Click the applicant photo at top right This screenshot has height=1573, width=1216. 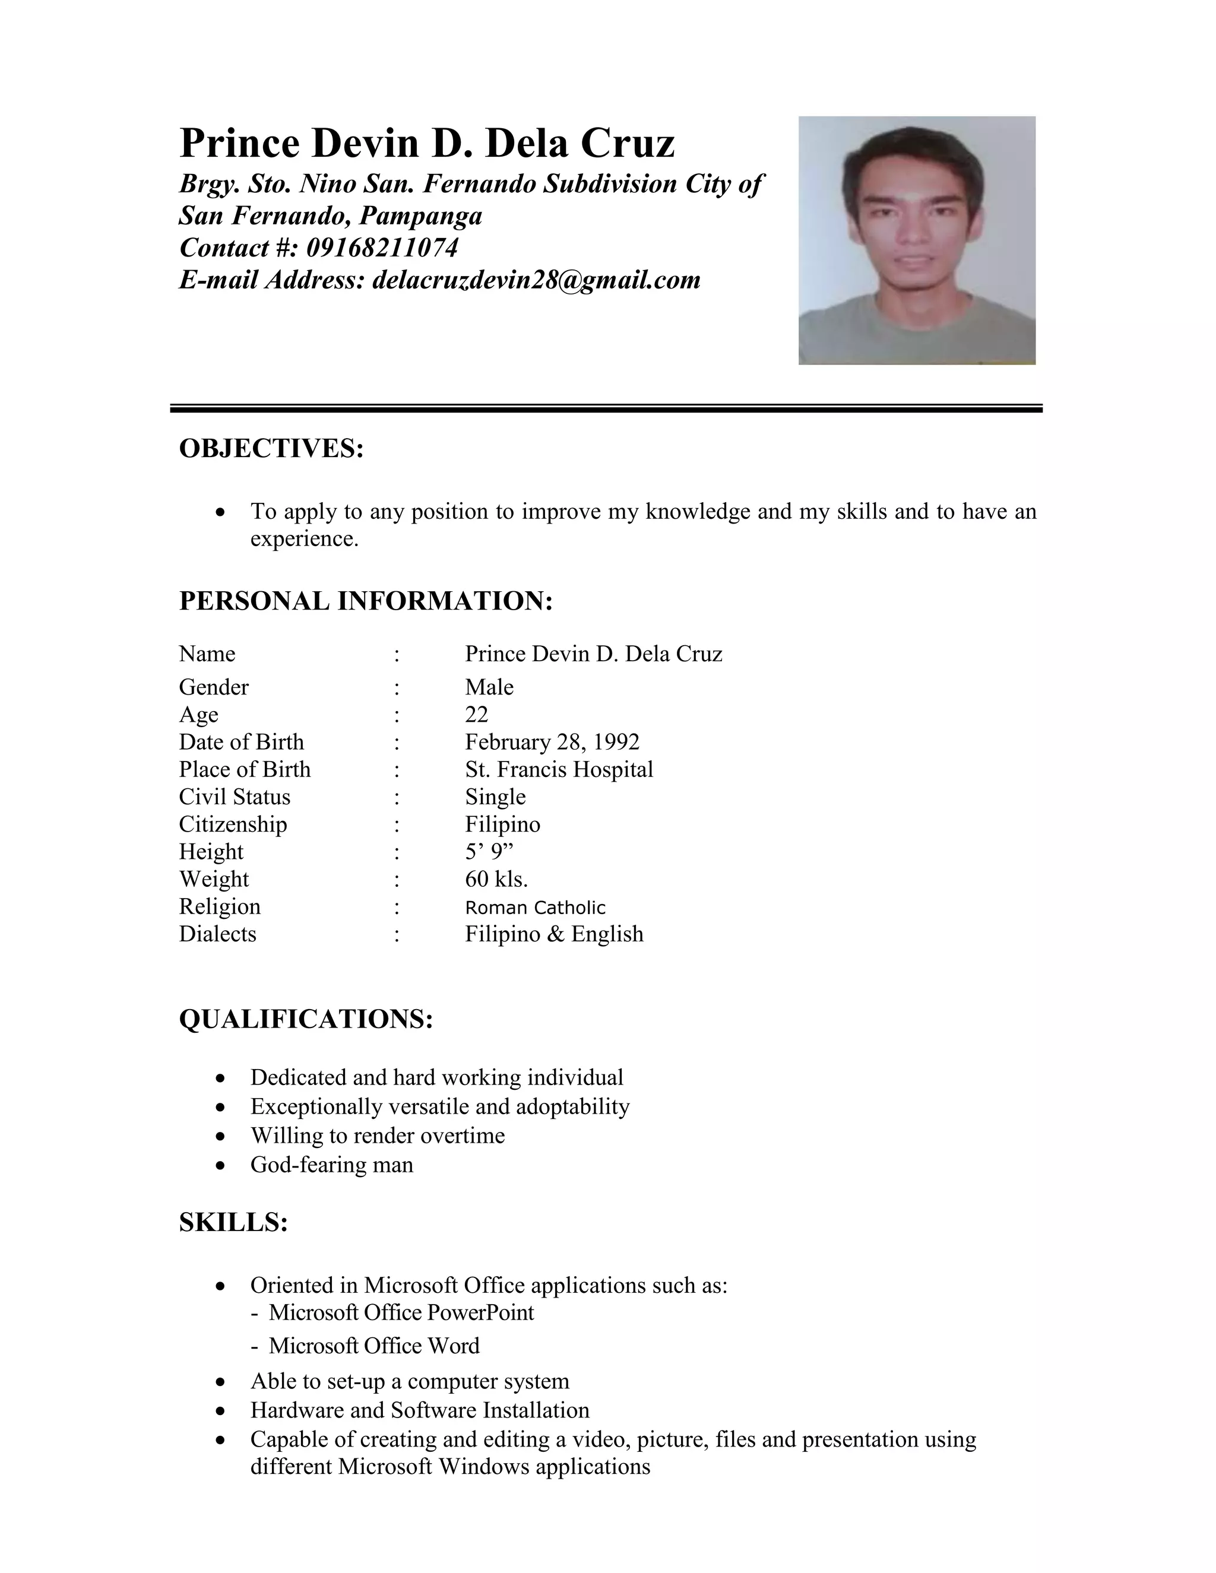pos(916,240)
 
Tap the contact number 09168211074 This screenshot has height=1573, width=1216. pos(382,248)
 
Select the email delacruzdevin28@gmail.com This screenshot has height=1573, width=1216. pos(536,280)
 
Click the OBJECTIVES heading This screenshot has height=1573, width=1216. pos(271,448)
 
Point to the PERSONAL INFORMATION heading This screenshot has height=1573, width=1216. pos(366,601)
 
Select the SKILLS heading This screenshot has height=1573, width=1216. pos(233,1222)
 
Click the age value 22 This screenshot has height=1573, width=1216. pos(476,715)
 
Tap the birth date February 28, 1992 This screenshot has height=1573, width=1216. pos(552,742)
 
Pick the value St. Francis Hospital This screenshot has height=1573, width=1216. pos(559,769)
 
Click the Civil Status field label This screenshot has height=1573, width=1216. pos(235,797)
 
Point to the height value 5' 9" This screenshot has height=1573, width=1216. pos(489,852)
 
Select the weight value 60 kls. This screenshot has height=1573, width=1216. pos(496,880)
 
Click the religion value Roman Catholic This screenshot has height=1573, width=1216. pos(535,908)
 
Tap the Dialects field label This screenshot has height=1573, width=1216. pos(217,934)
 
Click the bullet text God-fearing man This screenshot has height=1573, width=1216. pos(331,1165)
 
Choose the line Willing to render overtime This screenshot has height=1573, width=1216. pos(378,1136)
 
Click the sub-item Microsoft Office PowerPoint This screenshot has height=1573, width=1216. pos(401,1312)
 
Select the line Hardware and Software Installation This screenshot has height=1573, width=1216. pos(419,1410)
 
